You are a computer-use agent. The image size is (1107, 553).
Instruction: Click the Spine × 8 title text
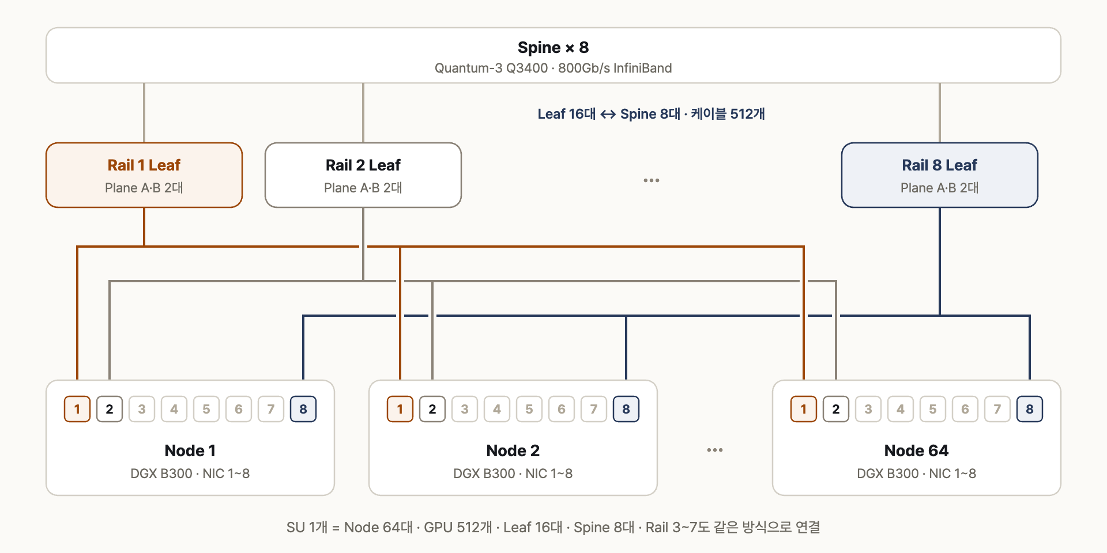(553, 47)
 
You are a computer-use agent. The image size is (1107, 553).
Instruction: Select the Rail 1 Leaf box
(144, 175)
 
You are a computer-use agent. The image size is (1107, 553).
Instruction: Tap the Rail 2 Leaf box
(363, 175)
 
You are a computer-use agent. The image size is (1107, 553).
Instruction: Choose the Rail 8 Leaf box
(940, 175)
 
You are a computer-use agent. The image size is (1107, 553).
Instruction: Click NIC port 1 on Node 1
(77, 409)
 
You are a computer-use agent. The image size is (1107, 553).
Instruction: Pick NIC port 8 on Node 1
(303, 409)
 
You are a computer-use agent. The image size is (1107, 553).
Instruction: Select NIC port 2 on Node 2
(432, 409)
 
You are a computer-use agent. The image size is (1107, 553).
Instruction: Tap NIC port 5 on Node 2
(529, 409)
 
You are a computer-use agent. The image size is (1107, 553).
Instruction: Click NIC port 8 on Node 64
(1030, 409)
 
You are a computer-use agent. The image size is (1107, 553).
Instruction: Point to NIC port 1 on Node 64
(804, 409)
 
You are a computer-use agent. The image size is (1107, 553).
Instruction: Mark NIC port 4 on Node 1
(174, 409)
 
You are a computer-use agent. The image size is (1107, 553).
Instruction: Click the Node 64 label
(917, 450)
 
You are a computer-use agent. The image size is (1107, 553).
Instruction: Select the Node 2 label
(513, 450)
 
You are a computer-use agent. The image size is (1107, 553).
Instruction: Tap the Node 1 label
(190, 450)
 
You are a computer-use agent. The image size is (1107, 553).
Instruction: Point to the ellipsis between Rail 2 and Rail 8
(652, 180)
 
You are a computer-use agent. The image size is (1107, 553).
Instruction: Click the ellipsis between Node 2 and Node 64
(715, 450)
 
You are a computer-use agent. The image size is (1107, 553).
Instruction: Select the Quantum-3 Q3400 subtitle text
(553, 68)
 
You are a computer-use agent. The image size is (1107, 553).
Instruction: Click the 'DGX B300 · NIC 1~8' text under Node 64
(917, 474)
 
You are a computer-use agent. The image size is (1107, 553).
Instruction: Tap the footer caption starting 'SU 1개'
(553, 527)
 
